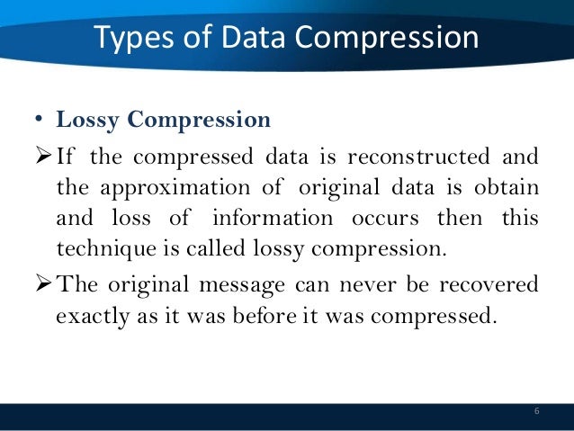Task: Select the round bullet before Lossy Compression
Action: tap(40, 121)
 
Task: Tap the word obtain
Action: tap(506, 189)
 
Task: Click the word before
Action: tap(273, 318)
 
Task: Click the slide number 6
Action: tap(536, 411)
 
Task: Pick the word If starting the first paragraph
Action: tap(64, 157)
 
